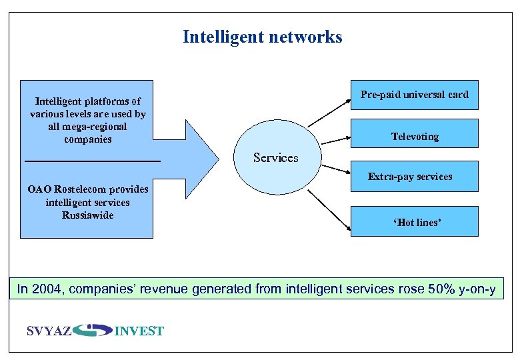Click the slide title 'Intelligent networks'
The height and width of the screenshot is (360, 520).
click(x=262, y=37)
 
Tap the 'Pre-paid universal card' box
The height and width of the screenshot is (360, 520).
click(x=414, y=95)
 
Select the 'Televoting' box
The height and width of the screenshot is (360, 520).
click(x=414, y=136)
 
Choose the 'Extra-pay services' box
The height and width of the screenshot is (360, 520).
click(x=410, y=177)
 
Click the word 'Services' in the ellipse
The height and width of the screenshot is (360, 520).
click(x=275, y=158)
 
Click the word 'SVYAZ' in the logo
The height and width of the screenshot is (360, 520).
click(x=49, y=331)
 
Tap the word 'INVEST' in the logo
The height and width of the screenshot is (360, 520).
click(x=139, y=331)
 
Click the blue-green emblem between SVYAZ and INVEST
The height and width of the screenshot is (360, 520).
click(x=93, y=330)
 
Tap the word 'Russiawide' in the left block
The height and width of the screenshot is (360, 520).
click(x=87, y=215)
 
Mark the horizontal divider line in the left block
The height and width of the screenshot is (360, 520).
click(x=92, y=161)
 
